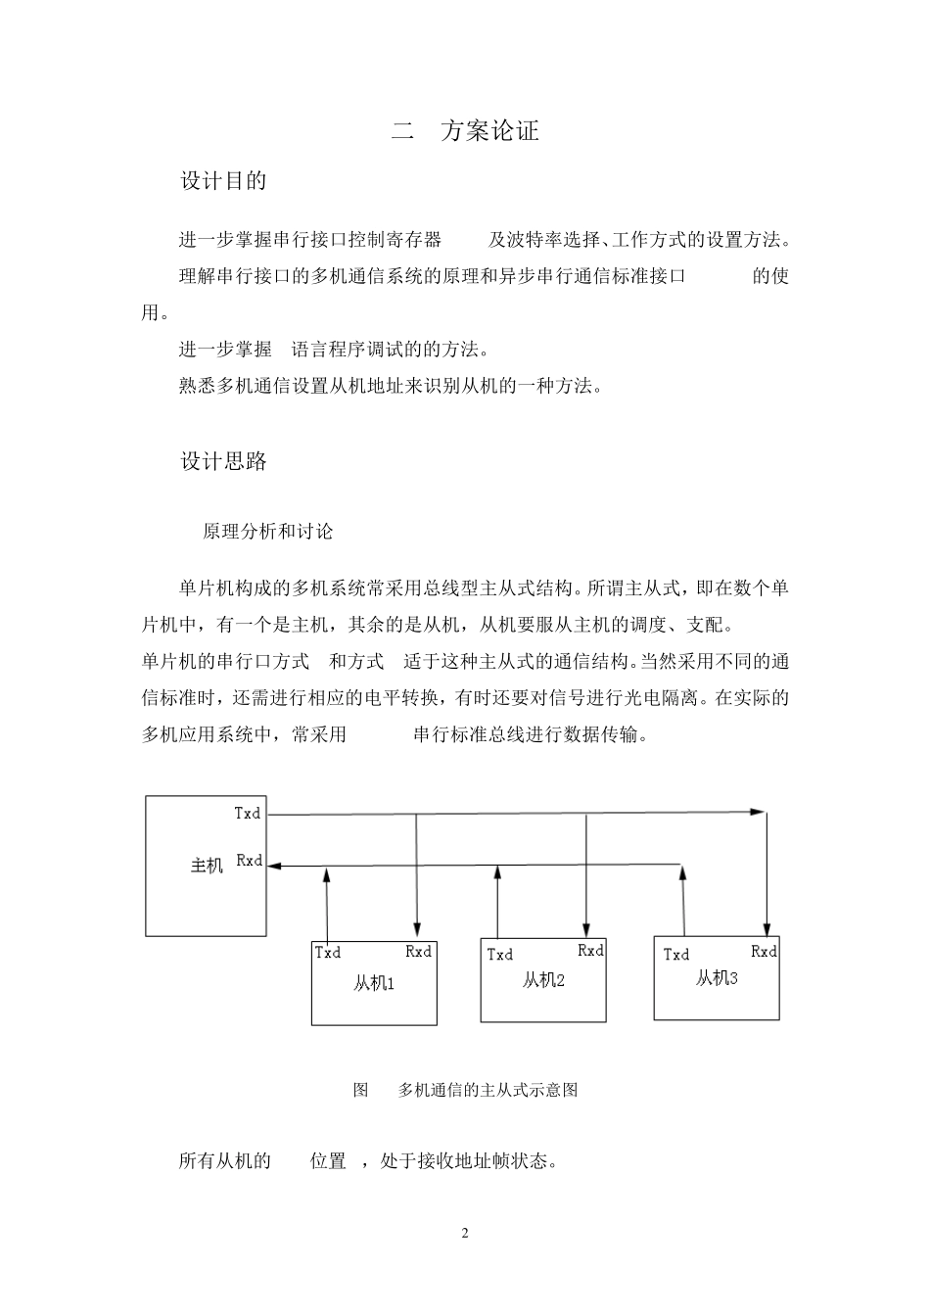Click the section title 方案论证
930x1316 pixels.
(489, 131)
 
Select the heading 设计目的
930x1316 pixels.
(223, 181)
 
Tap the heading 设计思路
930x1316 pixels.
(223, 462)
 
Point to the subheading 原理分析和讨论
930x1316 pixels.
(267, 532)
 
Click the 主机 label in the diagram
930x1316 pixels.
(207, 866)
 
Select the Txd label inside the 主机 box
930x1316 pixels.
(248, 813)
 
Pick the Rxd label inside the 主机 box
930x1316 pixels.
(250, 861)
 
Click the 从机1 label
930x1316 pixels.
(374, 983)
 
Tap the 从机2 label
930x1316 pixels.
(543, 980)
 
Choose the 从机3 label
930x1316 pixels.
(717, 977)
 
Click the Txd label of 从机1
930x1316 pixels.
(328, 952)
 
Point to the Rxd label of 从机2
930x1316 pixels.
(590, 951)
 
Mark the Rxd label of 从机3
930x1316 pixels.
(764, 952)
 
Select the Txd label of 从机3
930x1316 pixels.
(675, 955)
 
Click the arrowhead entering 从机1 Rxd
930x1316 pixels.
(418, 928)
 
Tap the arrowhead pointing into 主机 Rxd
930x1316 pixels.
(274, 866)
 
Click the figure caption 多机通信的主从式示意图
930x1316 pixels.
(488, 1090)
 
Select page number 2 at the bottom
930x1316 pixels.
(465, 1233)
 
